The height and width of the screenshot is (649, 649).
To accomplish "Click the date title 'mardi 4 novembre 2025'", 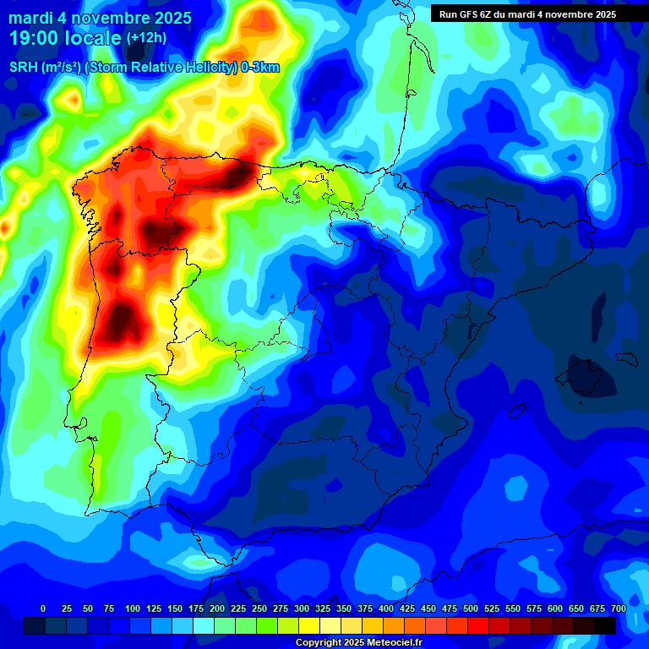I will (100, 18).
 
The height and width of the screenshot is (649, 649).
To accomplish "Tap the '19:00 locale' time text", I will (65, 38).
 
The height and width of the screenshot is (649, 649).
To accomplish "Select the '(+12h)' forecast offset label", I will (147, 38).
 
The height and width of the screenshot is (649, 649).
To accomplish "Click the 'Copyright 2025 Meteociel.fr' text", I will (359, 643).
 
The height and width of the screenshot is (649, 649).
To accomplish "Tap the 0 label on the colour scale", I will (43, 609).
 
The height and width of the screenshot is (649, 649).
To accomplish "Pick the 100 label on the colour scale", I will (132, 609).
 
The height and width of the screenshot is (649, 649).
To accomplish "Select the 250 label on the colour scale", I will (259, 609).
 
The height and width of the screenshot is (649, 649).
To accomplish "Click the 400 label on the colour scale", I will (386, 609).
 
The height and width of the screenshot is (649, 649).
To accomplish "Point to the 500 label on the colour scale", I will (471, 609).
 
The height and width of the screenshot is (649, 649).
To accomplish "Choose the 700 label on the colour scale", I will (618, 609).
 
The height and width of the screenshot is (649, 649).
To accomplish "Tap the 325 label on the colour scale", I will (322, 609).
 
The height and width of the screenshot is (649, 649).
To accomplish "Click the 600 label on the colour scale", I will (555, 609).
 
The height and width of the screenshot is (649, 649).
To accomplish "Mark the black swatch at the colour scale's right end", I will (605, 625).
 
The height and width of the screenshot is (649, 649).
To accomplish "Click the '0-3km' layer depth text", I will (260, 68).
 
